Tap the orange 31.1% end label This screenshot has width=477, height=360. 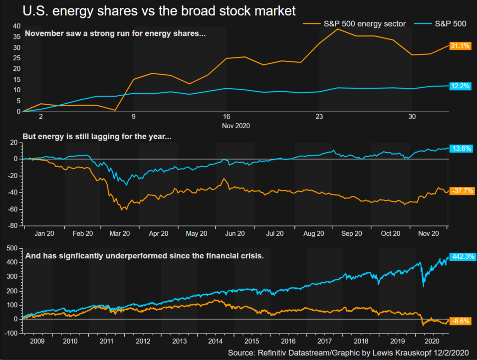click(460, 46)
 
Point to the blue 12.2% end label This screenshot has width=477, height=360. click(460, 86)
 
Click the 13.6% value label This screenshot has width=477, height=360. click(460, 148)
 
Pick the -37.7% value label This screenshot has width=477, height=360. click(461, 190)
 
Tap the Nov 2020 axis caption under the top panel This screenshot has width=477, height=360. click(236, 126)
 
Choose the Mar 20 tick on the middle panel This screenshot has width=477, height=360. click(119, 233)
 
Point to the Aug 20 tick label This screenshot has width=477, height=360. click(314, 233)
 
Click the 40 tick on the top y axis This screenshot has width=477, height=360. click(16, 26)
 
